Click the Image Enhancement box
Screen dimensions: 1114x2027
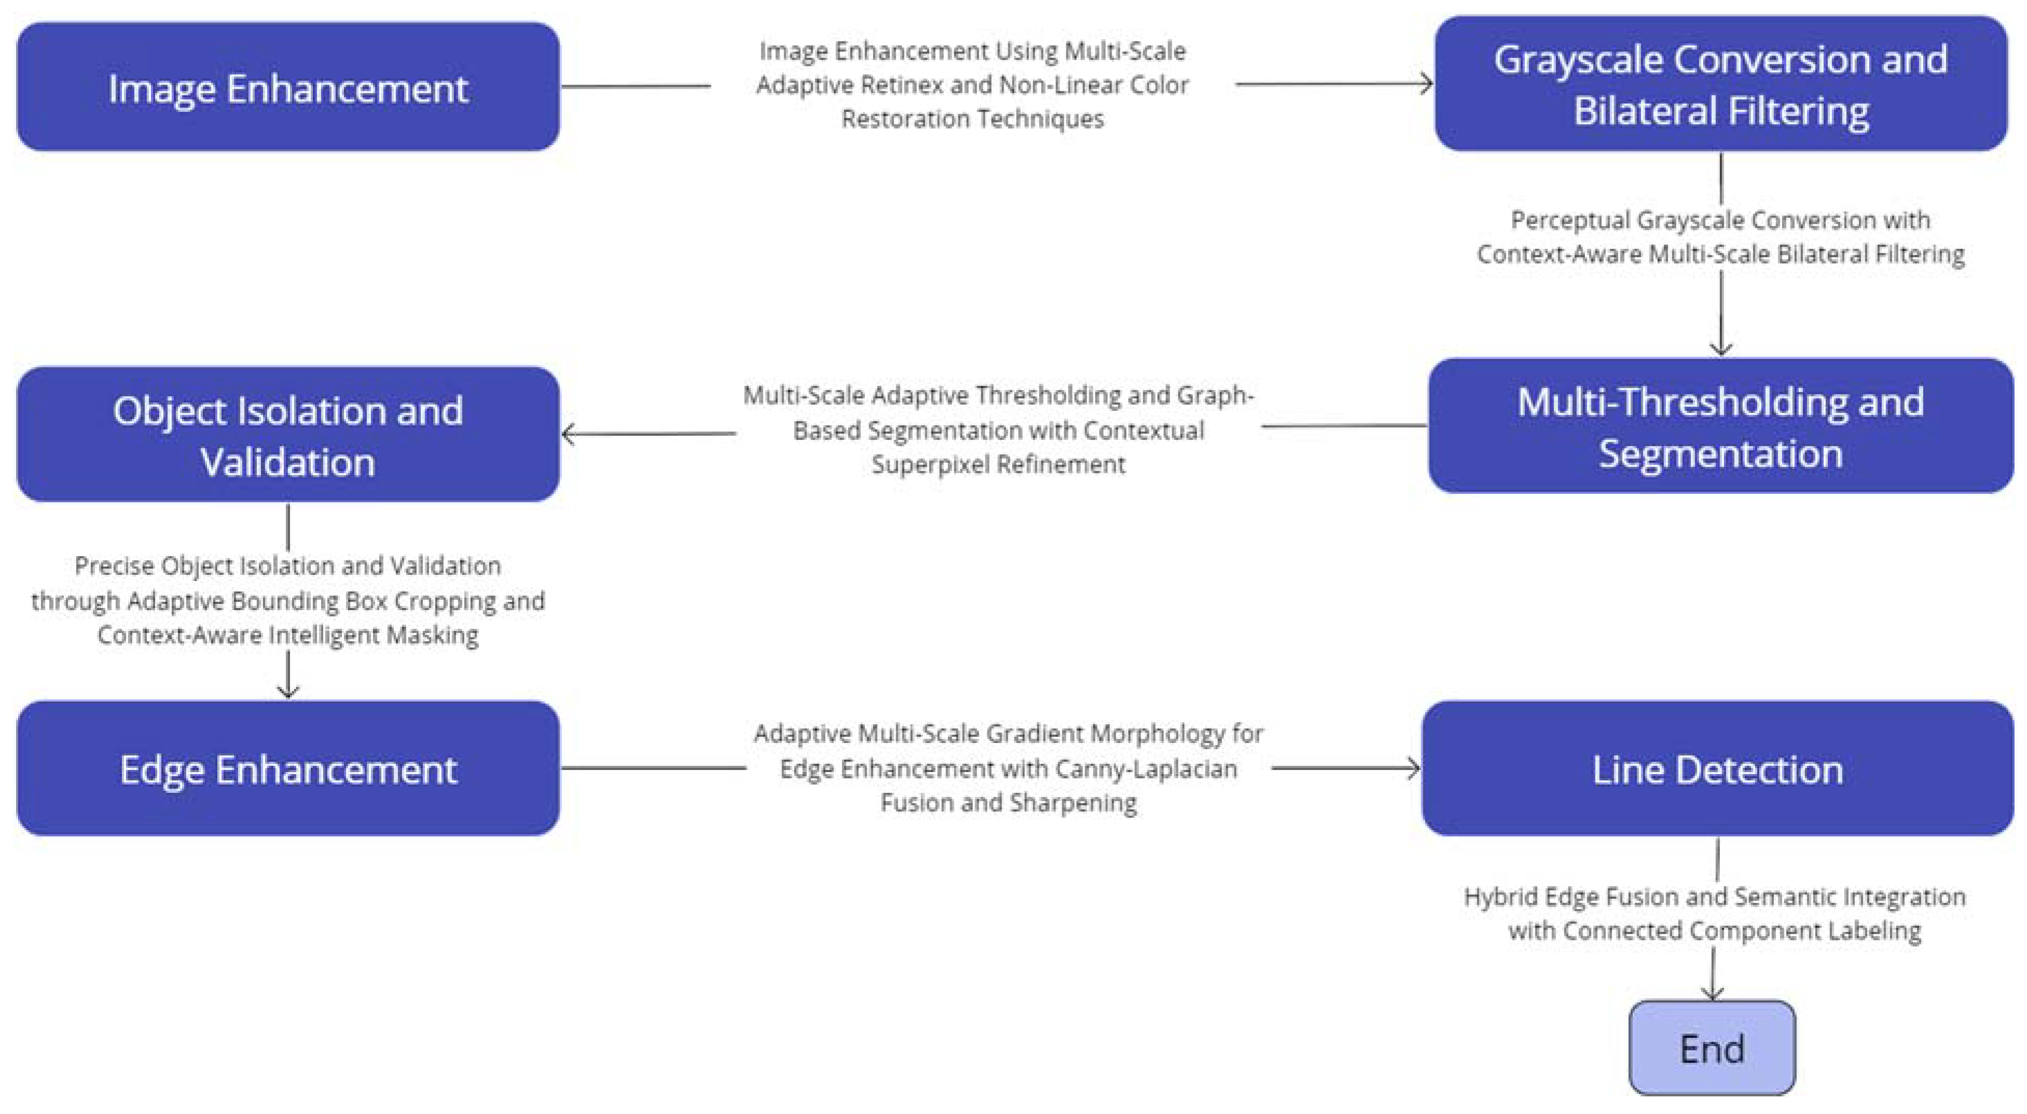288,87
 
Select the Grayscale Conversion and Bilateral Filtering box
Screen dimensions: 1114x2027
1721,84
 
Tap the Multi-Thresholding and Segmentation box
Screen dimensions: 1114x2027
1721,426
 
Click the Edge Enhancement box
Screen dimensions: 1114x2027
288,768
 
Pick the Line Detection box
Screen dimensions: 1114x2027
1718,768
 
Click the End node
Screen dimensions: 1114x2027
1712,1048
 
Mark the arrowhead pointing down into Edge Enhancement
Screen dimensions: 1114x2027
288,692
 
